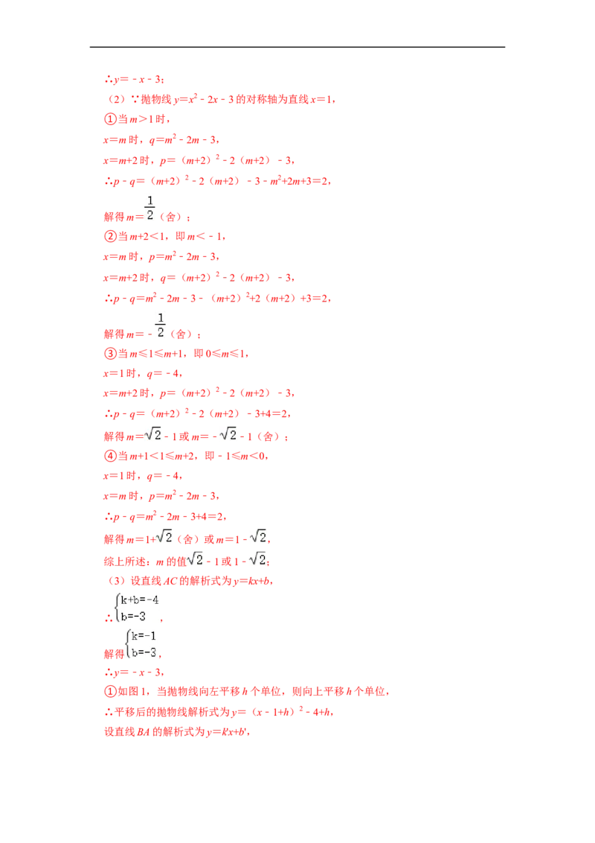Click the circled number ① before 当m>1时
[110, 119]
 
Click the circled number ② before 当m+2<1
[110, 236]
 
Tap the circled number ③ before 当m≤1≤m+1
[110, 353]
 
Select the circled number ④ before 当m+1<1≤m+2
[110, 456]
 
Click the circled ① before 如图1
[110, 691]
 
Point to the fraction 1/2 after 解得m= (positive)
[149, 208]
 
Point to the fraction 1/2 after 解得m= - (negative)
[161, 325]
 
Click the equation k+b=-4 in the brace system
[140, 600]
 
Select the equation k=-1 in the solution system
[144, 636]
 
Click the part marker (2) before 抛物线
[117, 99]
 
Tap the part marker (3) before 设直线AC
[117, 581]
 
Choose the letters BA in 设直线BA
[143, 732]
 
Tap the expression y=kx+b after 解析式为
[252, 581]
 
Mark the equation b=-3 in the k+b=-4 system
[133, 616]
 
